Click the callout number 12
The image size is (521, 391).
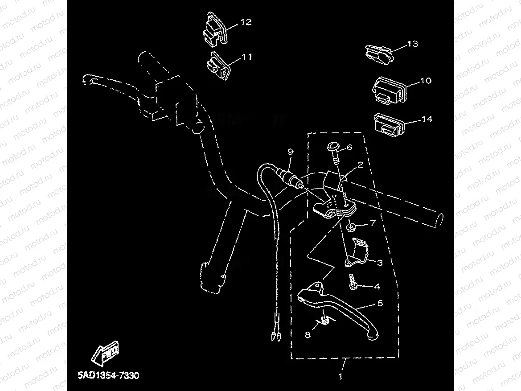click(246, 22)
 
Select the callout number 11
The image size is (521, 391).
click(246, 57)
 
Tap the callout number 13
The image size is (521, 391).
click(413, 44)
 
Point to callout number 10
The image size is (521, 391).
click(426, 81)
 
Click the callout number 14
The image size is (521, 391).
click(427, 119)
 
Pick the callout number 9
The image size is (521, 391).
click(291, 152)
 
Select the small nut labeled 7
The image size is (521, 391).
click(350, 228)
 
